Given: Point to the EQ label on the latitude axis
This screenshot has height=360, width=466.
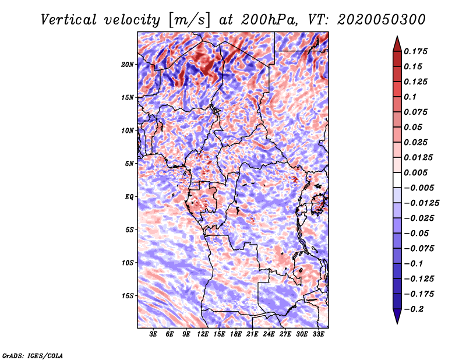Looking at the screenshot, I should pyautogui.click(x=129, y=197).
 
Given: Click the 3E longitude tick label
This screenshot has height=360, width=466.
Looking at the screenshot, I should pyautogui.click(x=154, y=335).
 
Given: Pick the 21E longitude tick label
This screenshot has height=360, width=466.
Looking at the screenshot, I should pyautogui.click(x=253, y=335).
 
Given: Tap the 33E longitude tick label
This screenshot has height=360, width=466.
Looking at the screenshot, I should pyautogui.click(x=319, y=335).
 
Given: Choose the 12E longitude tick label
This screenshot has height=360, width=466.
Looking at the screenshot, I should pyautogui.click(x=203, y=335).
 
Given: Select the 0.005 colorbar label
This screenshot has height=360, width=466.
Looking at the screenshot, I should pyautogui.click(x=417, y=172).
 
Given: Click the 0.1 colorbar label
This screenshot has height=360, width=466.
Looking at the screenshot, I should pyautogui.click(x=411, y=97).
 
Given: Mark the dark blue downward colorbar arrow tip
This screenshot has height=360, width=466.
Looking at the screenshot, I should pyautogui.click(x=397, y=322).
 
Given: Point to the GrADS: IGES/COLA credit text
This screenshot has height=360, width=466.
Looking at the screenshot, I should pyautogui.click(x=33, y=355).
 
